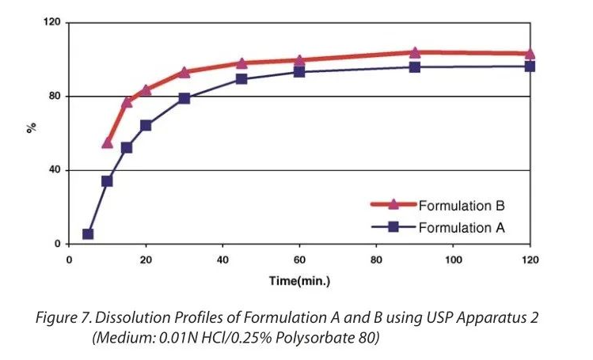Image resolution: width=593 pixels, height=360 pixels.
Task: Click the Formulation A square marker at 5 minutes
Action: click(88, 234)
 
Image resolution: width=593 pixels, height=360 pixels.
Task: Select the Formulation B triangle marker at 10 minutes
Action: click(108, 142)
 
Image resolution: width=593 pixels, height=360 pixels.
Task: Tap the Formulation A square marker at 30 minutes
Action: click(184, 99)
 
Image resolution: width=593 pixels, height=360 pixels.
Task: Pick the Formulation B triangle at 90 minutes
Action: click(415, 53)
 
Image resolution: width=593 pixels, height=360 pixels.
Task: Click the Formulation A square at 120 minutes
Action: click(530, 66)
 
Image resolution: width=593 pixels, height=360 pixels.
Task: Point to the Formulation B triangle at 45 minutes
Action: click(241, 63)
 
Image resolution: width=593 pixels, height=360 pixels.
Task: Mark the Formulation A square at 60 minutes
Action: click(299, 72)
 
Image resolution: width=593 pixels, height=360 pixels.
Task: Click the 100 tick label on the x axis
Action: click(453, 260)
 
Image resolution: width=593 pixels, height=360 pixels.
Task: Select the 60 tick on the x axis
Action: click(299, 260)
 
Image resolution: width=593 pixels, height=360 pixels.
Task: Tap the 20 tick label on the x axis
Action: click(146, 260)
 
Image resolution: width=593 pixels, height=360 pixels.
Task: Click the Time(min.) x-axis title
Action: click(298, 281)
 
